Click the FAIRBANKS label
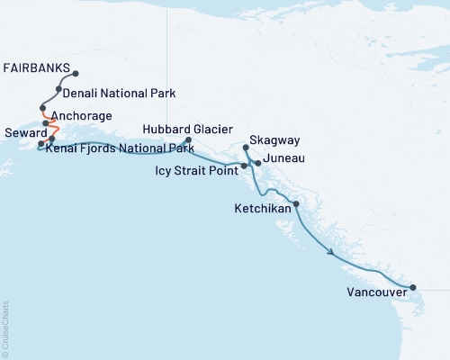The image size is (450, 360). click(x=35, y=67)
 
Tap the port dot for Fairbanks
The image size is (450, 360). click(x=76, y=74)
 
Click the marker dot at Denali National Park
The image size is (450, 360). click(x=58, y=90)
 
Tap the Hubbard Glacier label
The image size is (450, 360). click(x=184, y=130)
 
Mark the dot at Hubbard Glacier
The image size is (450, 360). click(x=188, y=139)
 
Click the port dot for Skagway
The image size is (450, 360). click(x=246, y=147)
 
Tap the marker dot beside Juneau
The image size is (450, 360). click(x=258, y=163)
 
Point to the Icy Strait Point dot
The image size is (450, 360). click(x=244, y=166)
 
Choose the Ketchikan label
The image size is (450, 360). click(x=260, y=206)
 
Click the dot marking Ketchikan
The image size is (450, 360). click(x=296, y=204)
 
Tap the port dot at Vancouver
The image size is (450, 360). click(x=413, y=288)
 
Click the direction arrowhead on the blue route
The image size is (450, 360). click(x=334, y=253)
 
